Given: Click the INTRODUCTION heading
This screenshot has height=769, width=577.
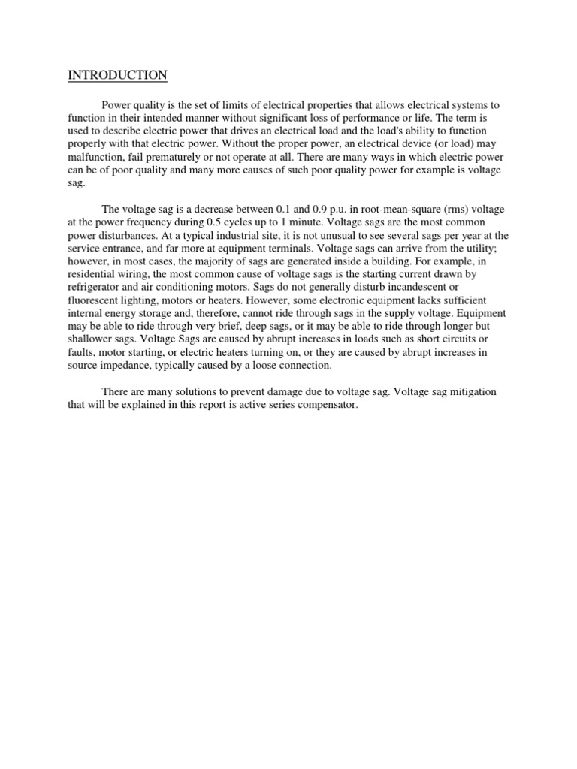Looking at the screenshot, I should click(118, 75).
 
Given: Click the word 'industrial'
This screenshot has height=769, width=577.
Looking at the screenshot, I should click(222, 236).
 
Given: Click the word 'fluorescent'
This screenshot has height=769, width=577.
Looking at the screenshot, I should click(93, 301).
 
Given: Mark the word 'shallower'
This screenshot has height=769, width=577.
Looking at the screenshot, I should click(91, 340).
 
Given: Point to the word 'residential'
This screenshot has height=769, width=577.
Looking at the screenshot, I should click(95, 275).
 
